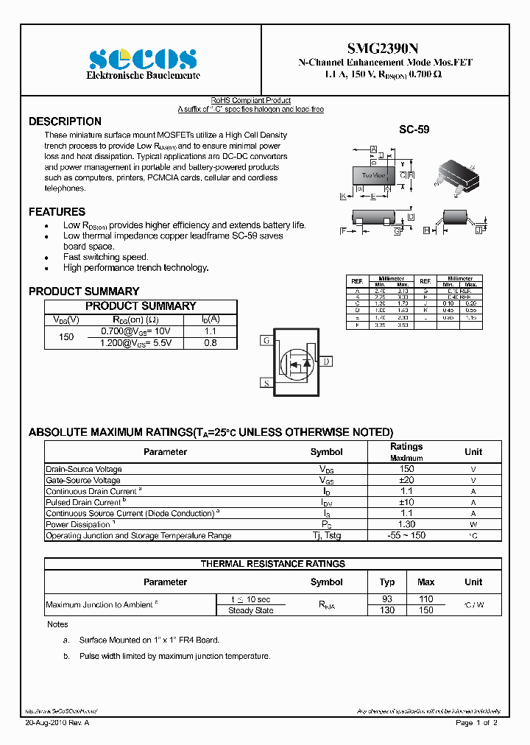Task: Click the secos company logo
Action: (x=143, y=59)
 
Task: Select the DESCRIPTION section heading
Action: (x=65, y=121)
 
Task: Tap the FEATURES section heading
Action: (x=57, y=212)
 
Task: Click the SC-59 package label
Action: (x=414, y=130)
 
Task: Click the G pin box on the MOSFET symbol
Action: (x=266, y=341)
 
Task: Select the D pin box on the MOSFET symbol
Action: (x=327, y=361)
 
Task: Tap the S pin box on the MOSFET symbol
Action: (x=266, y=383)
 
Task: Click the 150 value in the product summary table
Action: (x=66, y=337)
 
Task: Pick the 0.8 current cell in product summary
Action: (x=210, y=343)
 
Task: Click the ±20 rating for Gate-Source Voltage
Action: (x=406, y=480)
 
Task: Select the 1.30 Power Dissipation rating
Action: (x=406, y=524)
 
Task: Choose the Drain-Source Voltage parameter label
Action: (x=84, y=469)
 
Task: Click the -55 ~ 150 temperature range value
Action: (x=406, y=535)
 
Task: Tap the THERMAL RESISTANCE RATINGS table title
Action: (x=273, y=564)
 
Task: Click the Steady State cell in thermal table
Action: (x=250, y=610)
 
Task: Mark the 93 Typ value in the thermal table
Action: (x=386, y=599)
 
